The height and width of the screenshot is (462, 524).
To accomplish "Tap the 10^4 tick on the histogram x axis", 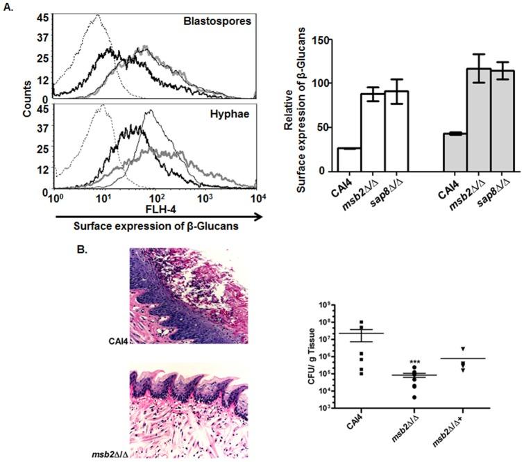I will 256,198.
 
